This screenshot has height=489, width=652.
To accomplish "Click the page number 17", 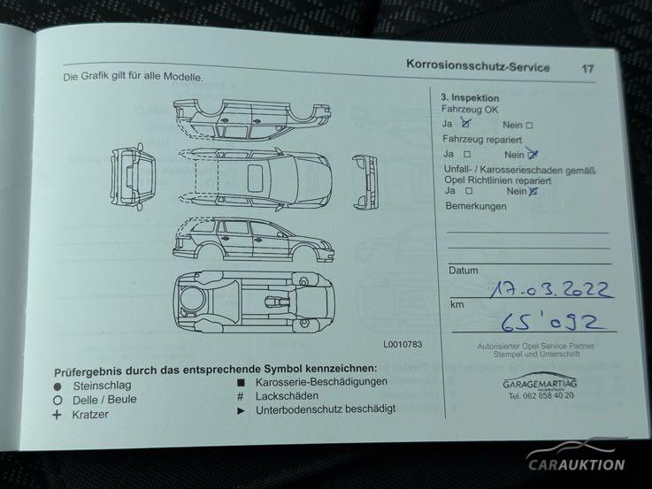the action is (587, 69).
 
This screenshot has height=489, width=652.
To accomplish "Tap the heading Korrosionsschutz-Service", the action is (478, 65).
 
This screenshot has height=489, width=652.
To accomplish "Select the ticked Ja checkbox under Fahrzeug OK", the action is (465, 124).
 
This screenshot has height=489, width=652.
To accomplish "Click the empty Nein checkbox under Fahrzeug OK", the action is (529, 125).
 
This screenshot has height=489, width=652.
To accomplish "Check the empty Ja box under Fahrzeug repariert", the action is (467, 154).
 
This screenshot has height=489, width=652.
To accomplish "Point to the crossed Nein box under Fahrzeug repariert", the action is (532, 155).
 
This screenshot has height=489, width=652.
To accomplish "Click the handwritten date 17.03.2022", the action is (550, 288).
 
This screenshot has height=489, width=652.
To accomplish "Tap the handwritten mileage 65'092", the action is (549, 322).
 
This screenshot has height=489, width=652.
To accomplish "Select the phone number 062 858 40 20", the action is (548, 395).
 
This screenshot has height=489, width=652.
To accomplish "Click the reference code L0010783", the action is (403, 344).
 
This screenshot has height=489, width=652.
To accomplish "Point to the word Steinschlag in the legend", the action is (102, 386).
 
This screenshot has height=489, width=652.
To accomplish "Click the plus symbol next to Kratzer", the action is (57, 415).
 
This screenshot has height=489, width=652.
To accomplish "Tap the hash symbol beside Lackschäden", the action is (241, 396).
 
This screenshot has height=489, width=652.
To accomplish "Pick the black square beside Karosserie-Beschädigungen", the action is (241, 383).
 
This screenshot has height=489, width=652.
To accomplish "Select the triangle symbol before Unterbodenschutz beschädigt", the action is (241, 411).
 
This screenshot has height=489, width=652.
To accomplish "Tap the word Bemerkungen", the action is (476, 206).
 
